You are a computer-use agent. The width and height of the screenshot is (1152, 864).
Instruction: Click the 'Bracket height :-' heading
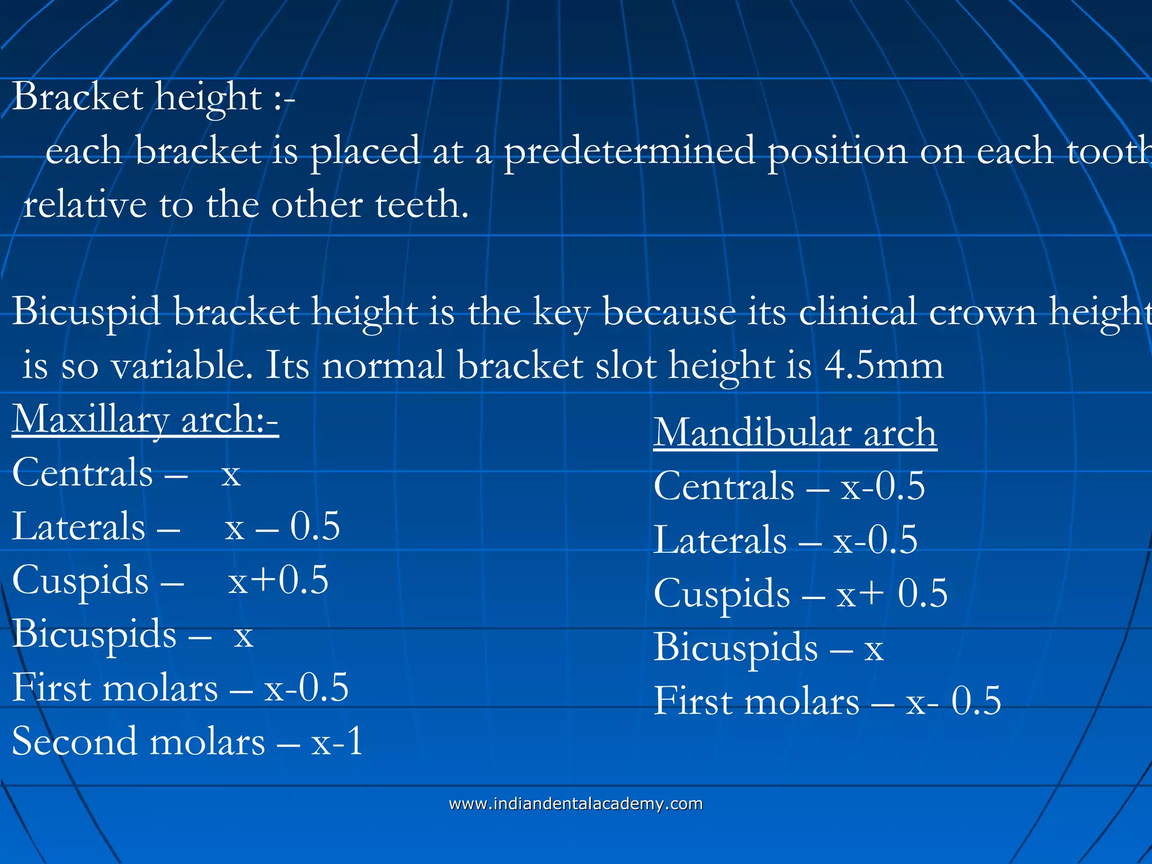tap(153, 97)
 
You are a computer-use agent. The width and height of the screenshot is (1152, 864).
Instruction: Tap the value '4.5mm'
tap(883, 366)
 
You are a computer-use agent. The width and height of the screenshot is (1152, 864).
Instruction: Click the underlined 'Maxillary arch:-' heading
tap(145, 420)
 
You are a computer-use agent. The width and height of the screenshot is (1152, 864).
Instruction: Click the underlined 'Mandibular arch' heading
tap(795, 433)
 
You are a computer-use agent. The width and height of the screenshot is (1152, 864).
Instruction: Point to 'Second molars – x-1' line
tap(187, 741)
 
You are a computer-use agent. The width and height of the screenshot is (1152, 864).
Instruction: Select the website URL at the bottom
tap(575, 804)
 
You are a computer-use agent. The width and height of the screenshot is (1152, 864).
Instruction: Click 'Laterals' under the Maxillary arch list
tap(79, 528)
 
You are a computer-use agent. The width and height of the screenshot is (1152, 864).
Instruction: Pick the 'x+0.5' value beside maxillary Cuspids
tap(278, 580)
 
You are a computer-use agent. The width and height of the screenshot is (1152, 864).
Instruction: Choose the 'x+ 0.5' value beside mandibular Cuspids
tap(892, 593)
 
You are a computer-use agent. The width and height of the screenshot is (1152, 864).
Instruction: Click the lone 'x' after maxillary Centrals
tap(231, 475)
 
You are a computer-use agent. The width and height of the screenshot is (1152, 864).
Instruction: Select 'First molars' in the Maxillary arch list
tap(115, 688)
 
